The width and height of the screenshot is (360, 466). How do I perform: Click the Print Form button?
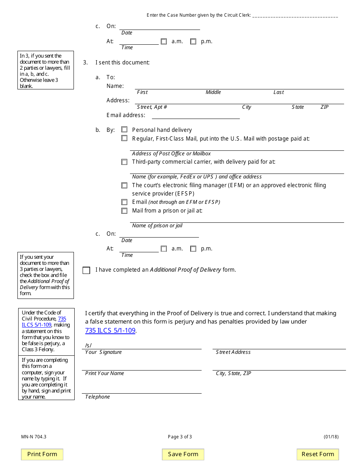pyautogui.click(x=42, y=454)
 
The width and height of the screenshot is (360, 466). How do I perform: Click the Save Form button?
pyautogui.click(x=183, y=454)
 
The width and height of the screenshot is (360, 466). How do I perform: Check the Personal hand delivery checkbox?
pyautogui.click(x=124, y=130)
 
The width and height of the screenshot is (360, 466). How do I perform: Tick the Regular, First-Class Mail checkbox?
pyautogui.click(x=124, y=138)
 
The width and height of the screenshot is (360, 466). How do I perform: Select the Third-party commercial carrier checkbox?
pyautogui.click(x=124, y=162)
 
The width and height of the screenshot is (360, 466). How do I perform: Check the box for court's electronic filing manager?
pyautogui.click(x=124, y=185)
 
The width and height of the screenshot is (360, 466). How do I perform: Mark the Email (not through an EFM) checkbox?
pyautogui.click(x=124, y=202)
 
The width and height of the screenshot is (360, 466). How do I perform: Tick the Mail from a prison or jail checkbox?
pyautogui.click(x=124, y=211)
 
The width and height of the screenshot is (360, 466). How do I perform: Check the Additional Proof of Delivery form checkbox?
pyautogui.click(x=86, y=270)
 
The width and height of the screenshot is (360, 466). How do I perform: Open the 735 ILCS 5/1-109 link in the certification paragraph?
pyautogui.click(x=110, y=330)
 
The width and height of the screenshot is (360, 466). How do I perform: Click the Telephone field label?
pyautogui.click(x=97, y=397)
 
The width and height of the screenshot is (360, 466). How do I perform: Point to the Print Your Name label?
pyautogui.click(x=105, y=374)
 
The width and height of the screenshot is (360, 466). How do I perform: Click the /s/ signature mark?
pyautogui.click(x=88, y=345)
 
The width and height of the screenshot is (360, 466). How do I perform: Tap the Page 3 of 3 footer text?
pyautogui.click(x=180, y=437)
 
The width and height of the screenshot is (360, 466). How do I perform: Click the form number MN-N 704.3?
pyautogui.click(x=34, y=437)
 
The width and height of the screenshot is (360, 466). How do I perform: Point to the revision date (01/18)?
pyautogui.click(x=331, y=437)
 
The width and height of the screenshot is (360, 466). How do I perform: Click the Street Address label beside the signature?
pyautogui.click(x=233, y=352)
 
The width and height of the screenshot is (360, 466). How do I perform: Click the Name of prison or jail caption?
pyautogui.click(x=157, y=226)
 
